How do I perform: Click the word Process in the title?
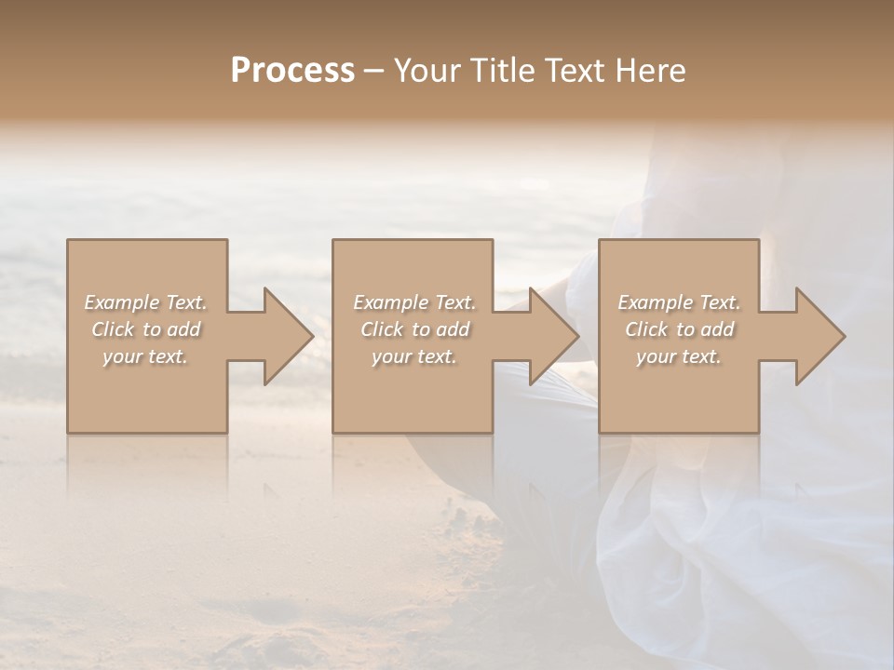292,71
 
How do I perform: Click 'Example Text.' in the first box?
145,302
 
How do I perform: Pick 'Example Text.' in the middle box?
413,302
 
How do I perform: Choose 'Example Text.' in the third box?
679,302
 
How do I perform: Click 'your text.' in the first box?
145,356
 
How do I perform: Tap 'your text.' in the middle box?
413,356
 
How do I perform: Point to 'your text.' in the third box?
679,356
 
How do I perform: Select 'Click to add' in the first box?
145,329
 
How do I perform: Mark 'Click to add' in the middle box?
413,329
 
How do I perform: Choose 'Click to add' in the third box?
679,329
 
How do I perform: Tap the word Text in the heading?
574,71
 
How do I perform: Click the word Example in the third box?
655,302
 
